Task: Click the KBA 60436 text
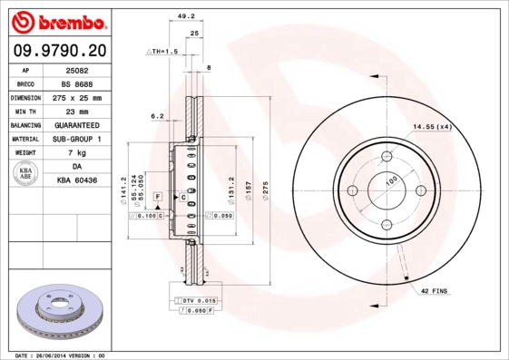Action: (76, 181)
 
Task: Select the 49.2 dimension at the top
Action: (186, 15)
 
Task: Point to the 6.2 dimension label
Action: (156, 116)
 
